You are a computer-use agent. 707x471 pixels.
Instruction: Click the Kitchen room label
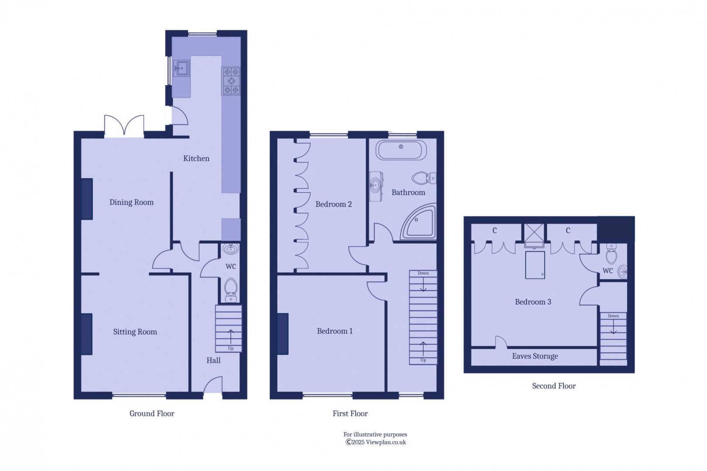196,158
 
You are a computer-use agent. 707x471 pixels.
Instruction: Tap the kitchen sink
182,68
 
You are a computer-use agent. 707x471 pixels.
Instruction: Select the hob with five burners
231,81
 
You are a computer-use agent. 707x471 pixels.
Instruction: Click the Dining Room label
131,202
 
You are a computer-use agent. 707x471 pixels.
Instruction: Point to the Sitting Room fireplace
87,334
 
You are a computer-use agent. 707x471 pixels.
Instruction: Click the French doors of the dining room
124,126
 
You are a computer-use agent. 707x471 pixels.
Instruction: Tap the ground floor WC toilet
231,289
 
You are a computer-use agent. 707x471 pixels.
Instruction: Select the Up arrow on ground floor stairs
231,337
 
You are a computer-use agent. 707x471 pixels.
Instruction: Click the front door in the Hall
213,385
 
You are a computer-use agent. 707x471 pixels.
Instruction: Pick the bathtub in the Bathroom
401,150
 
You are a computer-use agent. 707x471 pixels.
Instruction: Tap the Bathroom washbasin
376,186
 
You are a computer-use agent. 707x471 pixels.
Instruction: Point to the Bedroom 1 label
335,331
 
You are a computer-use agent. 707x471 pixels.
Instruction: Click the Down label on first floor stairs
423,273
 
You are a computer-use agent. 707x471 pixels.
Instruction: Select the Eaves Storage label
535,356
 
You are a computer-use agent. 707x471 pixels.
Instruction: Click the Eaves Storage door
501,342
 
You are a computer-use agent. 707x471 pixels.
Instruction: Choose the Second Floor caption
554,386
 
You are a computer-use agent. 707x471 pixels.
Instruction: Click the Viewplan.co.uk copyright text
375,442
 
